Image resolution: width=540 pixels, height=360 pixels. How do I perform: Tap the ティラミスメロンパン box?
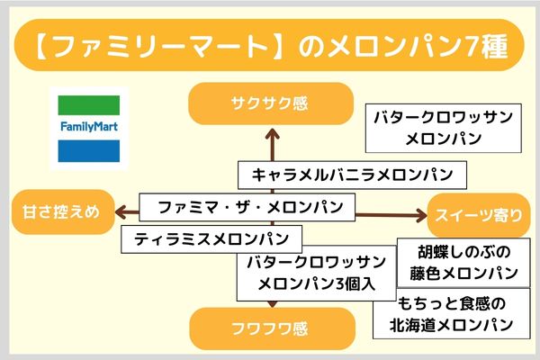point(211,239)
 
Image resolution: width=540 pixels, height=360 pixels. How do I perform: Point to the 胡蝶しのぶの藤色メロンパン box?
point(456,261)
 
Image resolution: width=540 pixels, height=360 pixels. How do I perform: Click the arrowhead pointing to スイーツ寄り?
point(420,214)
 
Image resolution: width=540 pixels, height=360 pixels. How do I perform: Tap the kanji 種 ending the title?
point(493,43)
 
